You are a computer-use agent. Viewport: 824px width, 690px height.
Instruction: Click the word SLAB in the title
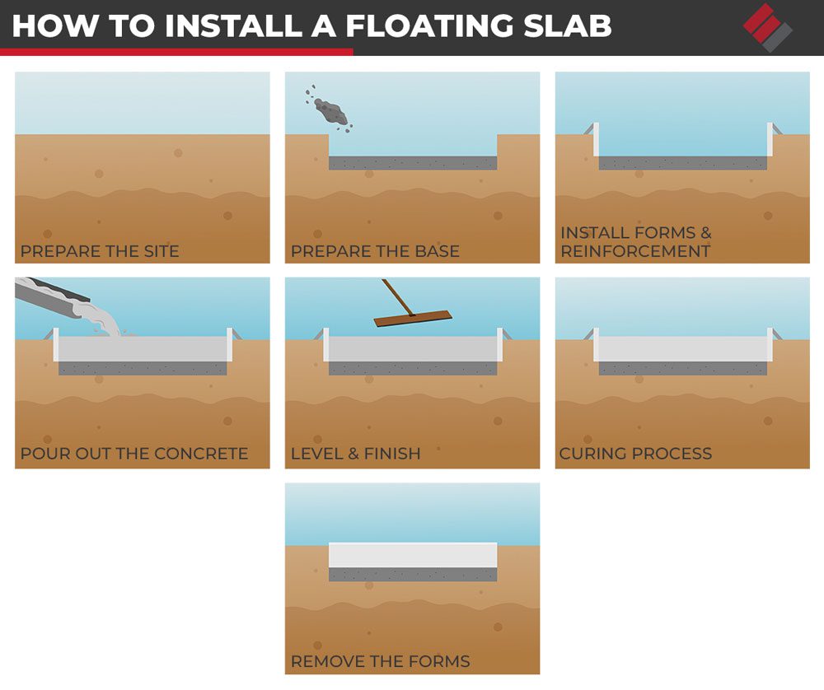(x=568, y=26)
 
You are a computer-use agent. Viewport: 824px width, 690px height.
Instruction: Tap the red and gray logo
(x=768, y=27)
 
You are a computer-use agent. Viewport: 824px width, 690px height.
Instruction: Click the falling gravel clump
(x=329, y=108)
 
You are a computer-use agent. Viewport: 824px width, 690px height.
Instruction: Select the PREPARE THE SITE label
(x=100, y=251)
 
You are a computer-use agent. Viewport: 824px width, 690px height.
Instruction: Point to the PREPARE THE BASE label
(x=375, y=251)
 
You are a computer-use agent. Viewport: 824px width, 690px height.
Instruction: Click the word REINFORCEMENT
(x=635, y=251)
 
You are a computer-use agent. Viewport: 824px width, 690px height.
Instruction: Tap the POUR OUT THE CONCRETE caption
(x=134, y=453)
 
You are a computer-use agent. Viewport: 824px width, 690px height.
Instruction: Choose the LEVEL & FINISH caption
(x=356, y=453)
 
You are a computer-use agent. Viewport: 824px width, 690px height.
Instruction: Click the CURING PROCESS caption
(x=635, y=453)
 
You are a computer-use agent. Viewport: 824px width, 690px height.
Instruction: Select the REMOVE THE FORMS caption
(x=381, y=661)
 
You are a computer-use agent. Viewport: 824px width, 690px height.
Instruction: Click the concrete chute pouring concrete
(x=53, y=298)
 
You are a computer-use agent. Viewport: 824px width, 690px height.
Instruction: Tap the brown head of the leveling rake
(x=413, y=318)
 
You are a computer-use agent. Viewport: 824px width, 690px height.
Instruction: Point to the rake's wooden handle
(x=398, y=296)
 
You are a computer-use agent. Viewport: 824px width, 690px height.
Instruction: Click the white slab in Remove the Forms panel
(x=413, y=555)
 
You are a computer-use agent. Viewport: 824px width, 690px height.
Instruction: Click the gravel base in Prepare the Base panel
(x=413, y=163)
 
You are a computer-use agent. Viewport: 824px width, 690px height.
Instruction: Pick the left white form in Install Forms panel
(x=596, y=140)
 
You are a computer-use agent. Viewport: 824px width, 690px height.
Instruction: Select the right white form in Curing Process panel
(x=770, y=344)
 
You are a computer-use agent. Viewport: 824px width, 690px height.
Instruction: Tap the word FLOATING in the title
(x=429, y=26)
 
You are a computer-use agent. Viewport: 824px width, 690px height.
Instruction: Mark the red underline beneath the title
(x=176, y=52)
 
